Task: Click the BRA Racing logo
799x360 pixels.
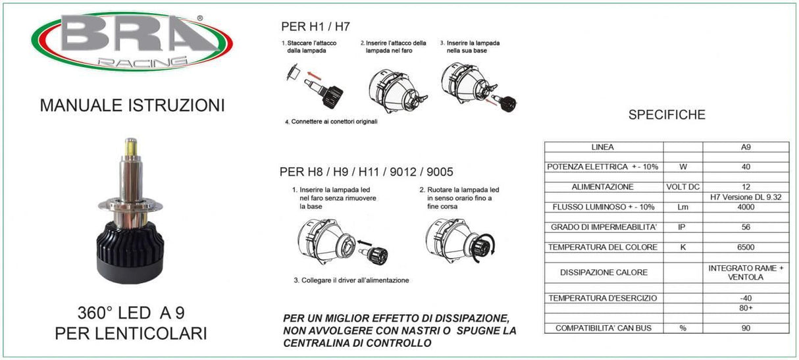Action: pyautogui.click(x=132, y=41)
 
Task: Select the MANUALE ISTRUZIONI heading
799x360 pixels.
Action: pyautogui.click(x=132, y=105)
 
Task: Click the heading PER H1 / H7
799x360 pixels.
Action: pyautogui.click(x=315, y=27)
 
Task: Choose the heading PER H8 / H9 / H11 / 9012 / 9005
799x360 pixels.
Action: pyautogui.click(x=366, y=172)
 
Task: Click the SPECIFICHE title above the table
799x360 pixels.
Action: pyautogui.click(x=667, y=115)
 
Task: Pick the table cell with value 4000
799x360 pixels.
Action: pyautogui.click(x=746, y=207)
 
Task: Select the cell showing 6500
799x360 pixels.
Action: pyautogui.click(x=746, y=247)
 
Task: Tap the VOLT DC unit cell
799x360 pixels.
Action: pyautogui.click(x=683, y=187)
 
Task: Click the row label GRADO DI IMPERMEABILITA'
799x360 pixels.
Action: pyautogui.click(x=603, y=228)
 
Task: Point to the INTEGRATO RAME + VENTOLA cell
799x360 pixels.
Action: pyautogui.click(x=746, y=272)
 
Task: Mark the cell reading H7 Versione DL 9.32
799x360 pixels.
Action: pyautogui.click(x=746, y=197)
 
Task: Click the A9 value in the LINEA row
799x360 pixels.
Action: pyautogui.click(x=746, y=147)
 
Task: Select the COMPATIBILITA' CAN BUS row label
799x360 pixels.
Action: pyautogui.click(x=603, y=328)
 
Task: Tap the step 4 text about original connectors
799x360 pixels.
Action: pyautogui.click(x=330, y=121)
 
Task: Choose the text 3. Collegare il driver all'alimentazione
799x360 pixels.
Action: pyautogui.click(x=351, y=280)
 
